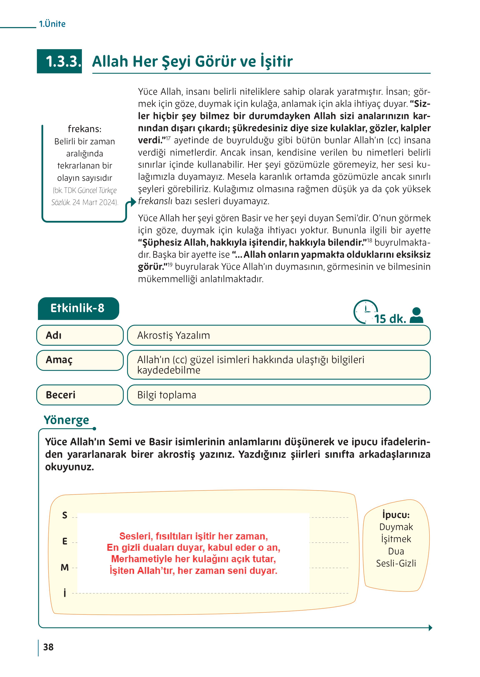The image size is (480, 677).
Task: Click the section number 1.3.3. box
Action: point(59,61)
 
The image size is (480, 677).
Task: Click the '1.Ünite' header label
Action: point(52,24)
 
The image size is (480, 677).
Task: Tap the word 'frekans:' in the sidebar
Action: point(85,129)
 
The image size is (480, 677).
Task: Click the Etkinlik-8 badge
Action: point(78,308)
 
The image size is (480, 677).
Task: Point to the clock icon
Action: point(365,311)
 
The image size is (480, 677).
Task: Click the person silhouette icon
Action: point(416,315)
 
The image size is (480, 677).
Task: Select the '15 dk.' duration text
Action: point(390,319)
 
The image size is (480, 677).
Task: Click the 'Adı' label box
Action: point(80,335)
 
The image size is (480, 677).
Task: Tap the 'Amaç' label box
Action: point(80,360)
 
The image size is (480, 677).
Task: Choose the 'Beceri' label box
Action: point(80,395)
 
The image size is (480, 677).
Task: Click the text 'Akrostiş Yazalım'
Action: point(174,335)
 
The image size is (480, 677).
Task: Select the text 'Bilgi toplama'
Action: point(167,395)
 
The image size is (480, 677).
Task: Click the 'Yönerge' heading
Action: point(66,420)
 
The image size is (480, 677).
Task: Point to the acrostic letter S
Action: point(65,515)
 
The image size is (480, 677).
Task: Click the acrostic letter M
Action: point(65,567)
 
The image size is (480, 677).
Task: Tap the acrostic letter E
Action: point(65,541)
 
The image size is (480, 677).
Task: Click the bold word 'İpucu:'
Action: point(396,515)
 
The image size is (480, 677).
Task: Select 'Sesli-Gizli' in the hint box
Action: point(396,563)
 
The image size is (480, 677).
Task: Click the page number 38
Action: point(49,647)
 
